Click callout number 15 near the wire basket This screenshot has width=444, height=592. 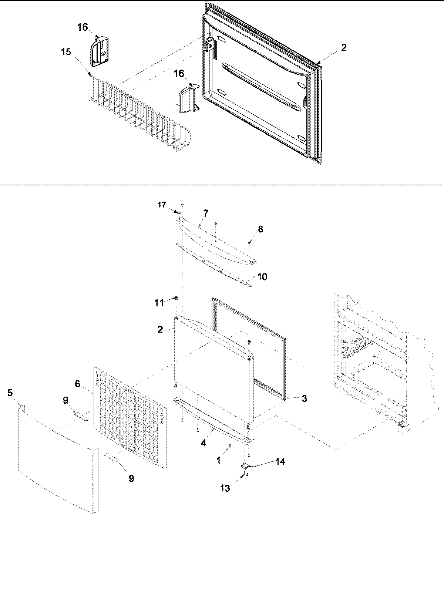(x=66, y=52)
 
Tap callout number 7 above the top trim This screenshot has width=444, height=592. (x=206, y=213)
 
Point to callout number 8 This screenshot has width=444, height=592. (x=260, y=229)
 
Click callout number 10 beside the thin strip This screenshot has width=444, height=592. (x=262, y=277)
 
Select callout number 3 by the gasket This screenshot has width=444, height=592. (x=304, y=398)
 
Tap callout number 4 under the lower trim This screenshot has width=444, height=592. (x=203, y=443)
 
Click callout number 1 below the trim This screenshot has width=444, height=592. (x=218, y=460)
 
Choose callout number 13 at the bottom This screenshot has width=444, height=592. (x=225, y=489)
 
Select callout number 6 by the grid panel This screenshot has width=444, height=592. (x=77, y=384)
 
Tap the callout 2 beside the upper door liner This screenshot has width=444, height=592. (x=344, y=47)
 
